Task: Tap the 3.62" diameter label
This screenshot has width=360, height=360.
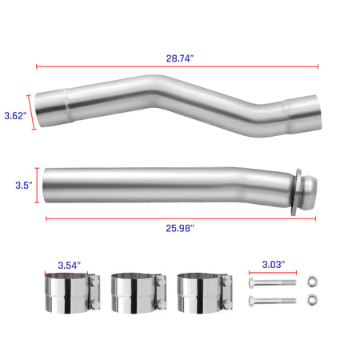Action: (14, 115)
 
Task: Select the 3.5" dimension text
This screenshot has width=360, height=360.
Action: (23, 185)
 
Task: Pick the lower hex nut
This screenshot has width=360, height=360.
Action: (313, 302)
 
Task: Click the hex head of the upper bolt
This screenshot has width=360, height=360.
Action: (254, 282)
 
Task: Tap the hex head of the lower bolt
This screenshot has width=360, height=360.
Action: (254, 302)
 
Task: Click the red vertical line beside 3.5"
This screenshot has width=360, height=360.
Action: (36, 186)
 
